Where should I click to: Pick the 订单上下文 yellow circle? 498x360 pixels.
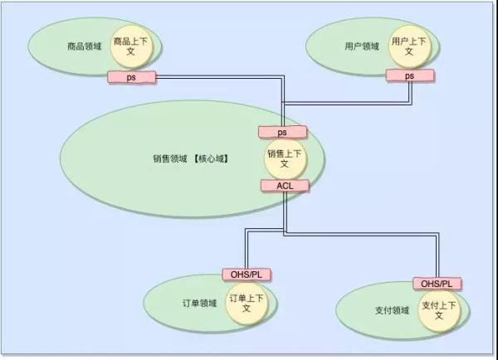point(246,303)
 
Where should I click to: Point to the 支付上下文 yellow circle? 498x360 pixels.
point(438,311)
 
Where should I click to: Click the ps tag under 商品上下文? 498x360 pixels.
point(131,76)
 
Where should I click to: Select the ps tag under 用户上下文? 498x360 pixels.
point(409,75)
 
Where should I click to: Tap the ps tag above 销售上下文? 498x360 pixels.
point(282,132)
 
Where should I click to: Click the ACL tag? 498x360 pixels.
point(284,185)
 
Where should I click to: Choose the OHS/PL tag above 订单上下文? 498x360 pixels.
point(247,275)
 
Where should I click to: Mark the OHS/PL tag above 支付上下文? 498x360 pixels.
point(437,284)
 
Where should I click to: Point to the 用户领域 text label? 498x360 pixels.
point(362,46)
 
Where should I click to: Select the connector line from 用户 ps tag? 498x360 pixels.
point(349,103)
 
